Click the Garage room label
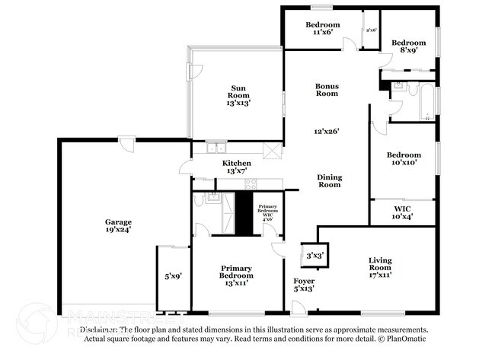(x=118, y=222)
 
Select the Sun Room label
(x=238, y=91)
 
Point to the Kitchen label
(x=236, y=164)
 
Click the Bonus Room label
(x=327, y=89)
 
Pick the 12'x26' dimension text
(x=327, y=131)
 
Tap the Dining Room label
(x=329, y=180)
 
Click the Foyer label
(x=303, y=282)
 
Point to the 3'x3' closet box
(x=313, y=256)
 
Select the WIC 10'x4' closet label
(x=403, y=212)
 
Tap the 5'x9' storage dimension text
(x=173, y=276)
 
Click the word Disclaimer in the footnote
(x=101, y=330)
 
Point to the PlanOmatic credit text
(x=400, y=339)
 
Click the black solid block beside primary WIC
(x=243, y=212)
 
